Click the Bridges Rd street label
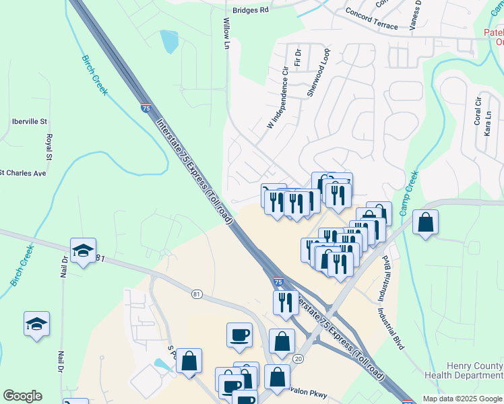tap(250, 10)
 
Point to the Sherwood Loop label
tap(318, 73)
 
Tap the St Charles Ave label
tap(22, 173)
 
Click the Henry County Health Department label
tap(464, 370)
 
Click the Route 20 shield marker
tap(298, 340)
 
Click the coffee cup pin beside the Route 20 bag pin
tap(239, 335)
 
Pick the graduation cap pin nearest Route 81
tap(83, 251)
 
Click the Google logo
tap(22, 396)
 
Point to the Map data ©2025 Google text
tap(462, 399)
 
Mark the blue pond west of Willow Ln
tap(169, 42)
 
